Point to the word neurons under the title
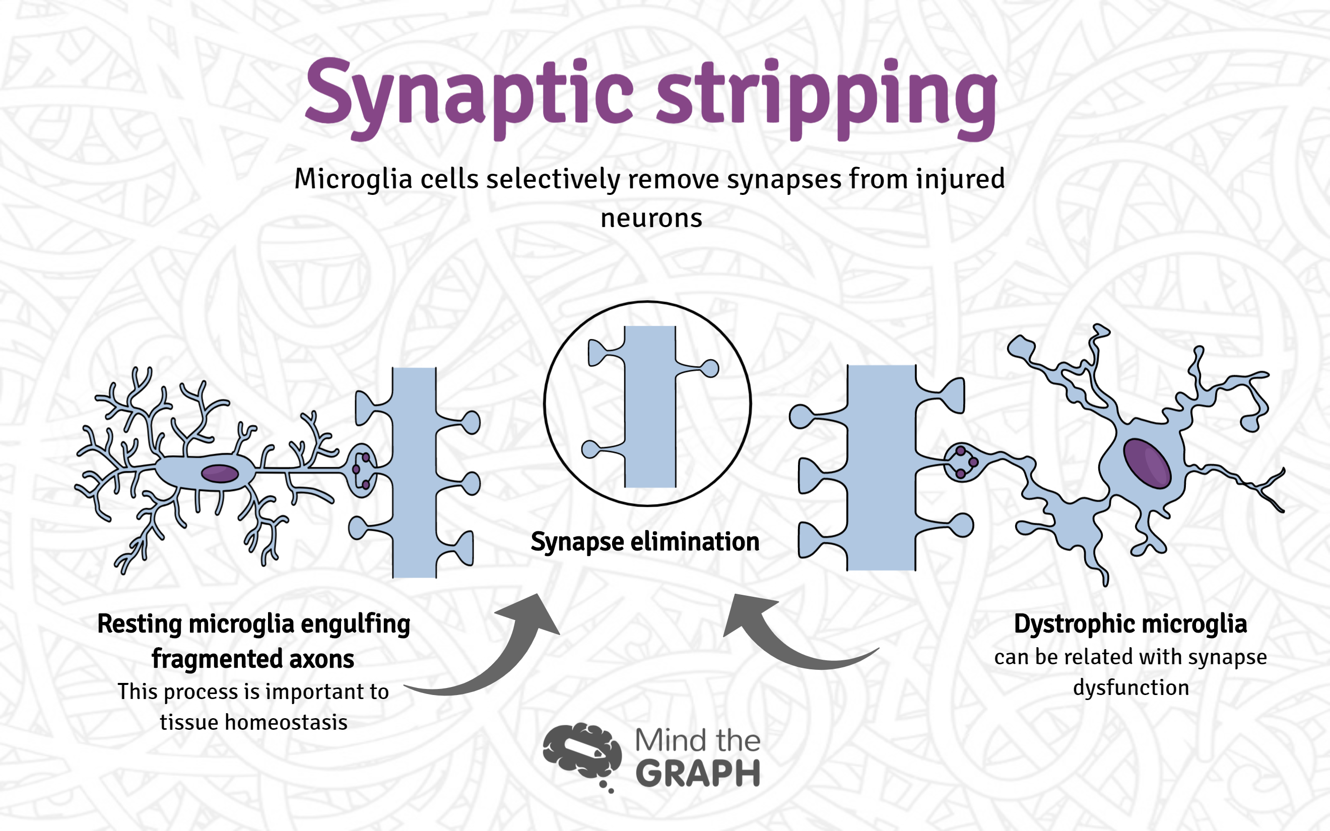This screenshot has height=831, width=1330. click(651, 218)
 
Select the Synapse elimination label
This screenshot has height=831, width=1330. click(645, 542)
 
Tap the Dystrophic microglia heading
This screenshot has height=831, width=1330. click(1130, 624)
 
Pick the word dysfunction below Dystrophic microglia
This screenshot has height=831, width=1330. click(1131, 687)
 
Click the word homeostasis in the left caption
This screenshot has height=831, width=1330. click(286, 722)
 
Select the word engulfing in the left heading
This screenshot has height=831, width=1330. click(355, 625)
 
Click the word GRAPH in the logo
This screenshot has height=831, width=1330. click(698, 774)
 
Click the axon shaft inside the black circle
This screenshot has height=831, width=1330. click(651, 407)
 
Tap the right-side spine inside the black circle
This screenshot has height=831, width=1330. click(709, 368)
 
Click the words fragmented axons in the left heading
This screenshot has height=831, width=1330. click(253, 659)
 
